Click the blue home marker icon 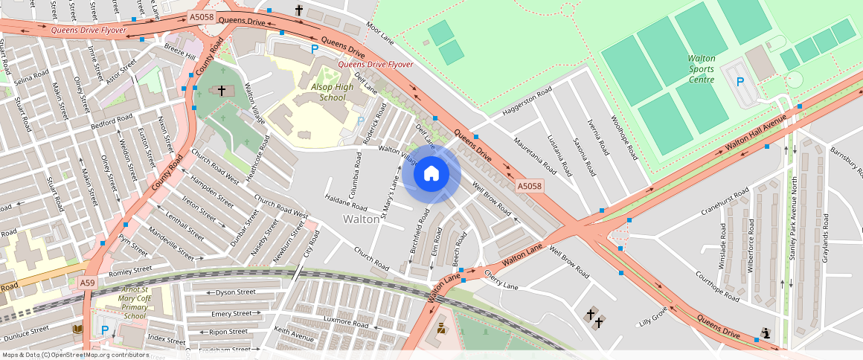[431, 174]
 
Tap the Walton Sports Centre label [702, 68]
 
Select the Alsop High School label [332, 92]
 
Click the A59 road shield [88, 283]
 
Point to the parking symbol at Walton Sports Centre [740, 82]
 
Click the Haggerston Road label [527, 102]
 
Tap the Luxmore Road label [341, 324]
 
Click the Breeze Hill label [179, 51]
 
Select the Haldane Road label [346, 202]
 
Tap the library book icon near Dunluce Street [77, 329]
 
